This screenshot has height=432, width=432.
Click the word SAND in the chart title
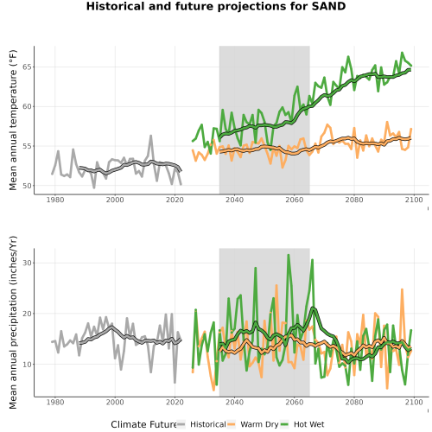pyautogui.click(x=328, y=6)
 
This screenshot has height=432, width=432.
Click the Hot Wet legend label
pyautogui.click(x=308, y=424)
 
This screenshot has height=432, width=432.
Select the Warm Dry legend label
pyautogui.click(x=259, y=424)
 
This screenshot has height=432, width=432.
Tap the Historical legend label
pyautogui.click(x=208, y=424)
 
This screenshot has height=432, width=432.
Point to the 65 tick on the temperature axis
pyautogui.click(x=28, y=67)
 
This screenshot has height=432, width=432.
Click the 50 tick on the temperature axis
pyautogui.click(x=28, y=186)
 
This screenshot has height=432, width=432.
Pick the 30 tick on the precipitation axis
pyautogui.click(x=28, y=263)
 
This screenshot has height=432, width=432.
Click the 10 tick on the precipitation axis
pyautogui.click(x=28, y=365)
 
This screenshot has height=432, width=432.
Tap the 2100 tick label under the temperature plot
pyautogui.click(x=414, y=200)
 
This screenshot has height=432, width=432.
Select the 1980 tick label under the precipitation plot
pyautogui.click(x=55, y=402)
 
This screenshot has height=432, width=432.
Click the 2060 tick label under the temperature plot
pyautogui.click(x=295, y=200)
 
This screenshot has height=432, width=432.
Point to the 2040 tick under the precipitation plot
pyautogui.click(x=234, y=402)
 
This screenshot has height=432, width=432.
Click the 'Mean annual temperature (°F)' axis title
pyautogui.click(x=13, y=120)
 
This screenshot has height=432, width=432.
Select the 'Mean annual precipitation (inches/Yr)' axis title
pyautogui.click(x=13, y=322)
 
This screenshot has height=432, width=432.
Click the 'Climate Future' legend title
pyautogui.click(x=143, y=424)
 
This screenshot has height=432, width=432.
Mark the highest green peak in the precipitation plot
pyautogui.click(x=289, y=255)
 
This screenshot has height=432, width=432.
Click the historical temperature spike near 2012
pyautogui.click(x=150, y=136)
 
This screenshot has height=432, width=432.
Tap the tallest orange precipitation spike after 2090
pyautogui.click(x=402, y=289)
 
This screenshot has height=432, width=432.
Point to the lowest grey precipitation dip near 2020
pyautogui.click(x=175, y=383)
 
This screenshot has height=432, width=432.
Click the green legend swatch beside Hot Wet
pyautogui.click(x=284, y=424)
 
